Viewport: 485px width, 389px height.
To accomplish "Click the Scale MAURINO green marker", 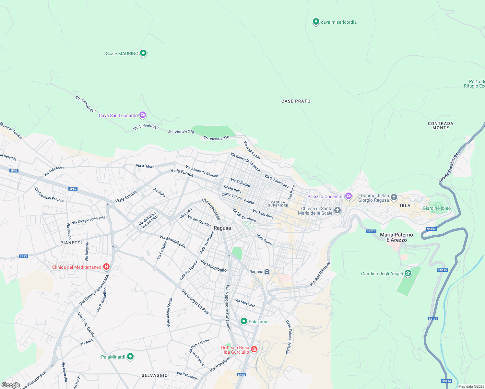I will (x=143, y=53).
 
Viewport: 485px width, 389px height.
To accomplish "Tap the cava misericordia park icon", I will (x=316, y=22).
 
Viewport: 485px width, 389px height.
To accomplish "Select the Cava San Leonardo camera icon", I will (x=142, y=115).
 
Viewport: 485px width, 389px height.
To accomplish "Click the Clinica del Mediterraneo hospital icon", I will (x=106, y=267).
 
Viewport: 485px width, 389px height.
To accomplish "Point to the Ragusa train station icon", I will (x=267, y=272).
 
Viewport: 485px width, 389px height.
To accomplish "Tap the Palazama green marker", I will (x=243, y=321).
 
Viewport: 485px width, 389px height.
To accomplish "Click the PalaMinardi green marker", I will (x=130, y=357).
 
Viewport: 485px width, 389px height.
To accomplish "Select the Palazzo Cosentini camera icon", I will (x=348, y=196).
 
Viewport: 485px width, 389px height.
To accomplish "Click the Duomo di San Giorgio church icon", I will (x=394, y=197).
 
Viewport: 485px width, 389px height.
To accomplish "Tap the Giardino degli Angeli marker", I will (x=408, y=273).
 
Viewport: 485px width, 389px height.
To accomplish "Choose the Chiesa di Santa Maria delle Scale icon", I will (x=337, y=210).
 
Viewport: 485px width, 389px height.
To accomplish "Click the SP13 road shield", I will (x=23, y=256).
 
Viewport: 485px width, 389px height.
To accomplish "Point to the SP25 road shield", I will (x=241, y=375).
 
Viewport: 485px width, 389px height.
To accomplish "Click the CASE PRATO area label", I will (x=296, y=101).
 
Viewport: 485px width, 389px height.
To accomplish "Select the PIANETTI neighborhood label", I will (x=71, y=243).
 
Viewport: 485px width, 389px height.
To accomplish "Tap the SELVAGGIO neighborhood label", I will (x=155, y=375).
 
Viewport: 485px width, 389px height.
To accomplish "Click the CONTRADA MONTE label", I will (x=440, y=125).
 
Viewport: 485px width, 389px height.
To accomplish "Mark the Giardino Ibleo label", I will (x=436, y=208).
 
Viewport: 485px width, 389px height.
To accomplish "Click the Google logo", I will (x=11, y=385).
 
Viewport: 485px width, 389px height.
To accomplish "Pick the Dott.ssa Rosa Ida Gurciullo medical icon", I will (x=254, y=349).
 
